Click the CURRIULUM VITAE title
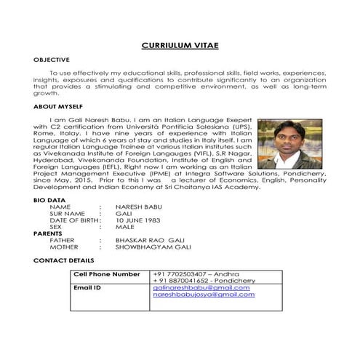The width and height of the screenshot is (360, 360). click(x=179, y=46)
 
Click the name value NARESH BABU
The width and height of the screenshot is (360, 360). click(x=139, y=207)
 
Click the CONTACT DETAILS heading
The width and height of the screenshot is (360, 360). click(x=63, y=260)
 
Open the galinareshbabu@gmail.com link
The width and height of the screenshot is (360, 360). click(x=201, y=288)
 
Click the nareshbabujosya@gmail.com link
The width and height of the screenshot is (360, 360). click(x=204, y=295)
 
